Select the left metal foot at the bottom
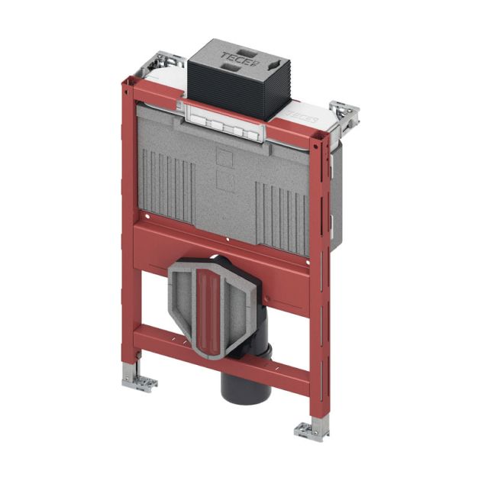tap(138, 381)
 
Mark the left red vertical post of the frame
tap(128, 229)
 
